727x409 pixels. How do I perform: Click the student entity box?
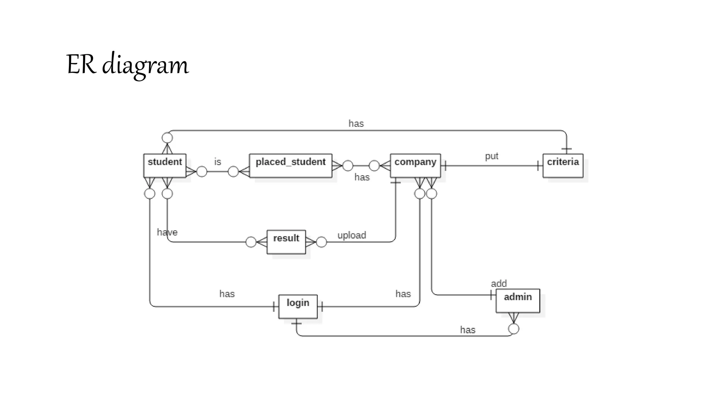(165, 165)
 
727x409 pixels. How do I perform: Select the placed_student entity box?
(290, 165)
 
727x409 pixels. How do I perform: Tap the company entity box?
(415, 165)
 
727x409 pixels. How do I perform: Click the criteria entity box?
(563, 165)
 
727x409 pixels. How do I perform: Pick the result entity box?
(286, 242)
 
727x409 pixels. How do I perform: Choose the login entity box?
(298, 306)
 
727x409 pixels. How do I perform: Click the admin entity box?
(518, 300)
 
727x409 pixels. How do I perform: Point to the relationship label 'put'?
(492, 156)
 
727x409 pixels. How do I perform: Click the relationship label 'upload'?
(351, 235)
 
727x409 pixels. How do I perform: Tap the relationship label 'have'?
(167, 232)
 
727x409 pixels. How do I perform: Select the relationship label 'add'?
(499, 283)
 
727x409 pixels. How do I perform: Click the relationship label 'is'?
(218, 162)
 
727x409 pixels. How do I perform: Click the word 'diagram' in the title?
(145, 65)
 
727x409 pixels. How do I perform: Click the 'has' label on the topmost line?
(356, 124)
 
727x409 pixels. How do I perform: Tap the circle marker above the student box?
(167, 138)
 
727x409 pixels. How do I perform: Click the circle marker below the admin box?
(514, 329)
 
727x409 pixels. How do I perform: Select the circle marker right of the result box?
(321, 242)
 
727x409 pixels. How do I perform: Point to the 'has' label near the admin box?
(468, 330)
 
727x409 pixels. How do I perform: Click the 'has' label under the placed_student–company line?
(362, 177)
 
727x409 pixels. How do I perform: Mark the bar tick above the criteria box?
(566, 149)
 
